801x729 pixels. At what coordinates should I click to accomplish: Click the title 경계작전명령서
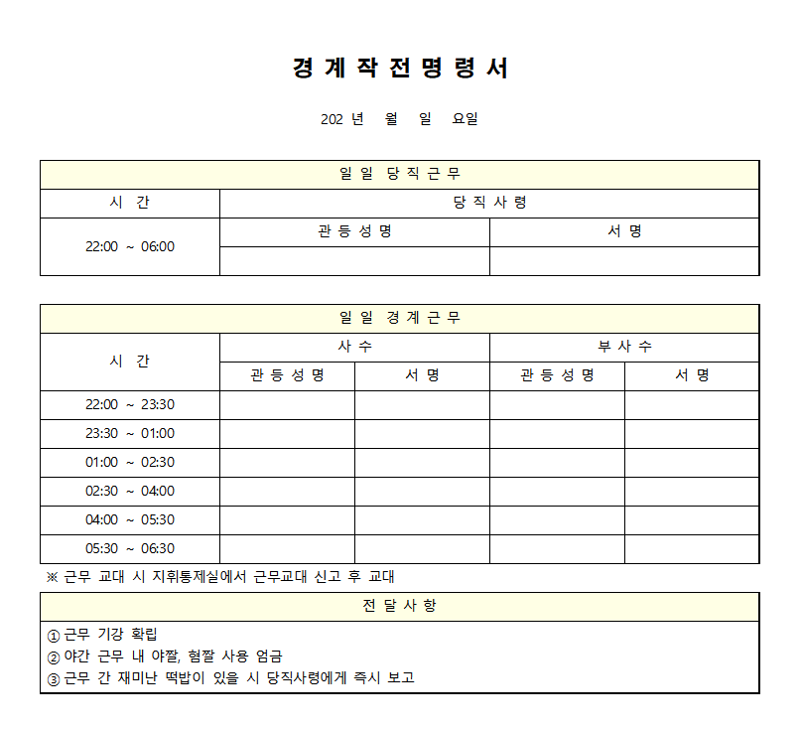[400, 68]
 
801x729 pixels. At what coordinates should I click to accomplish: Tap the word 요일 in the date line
[466, 119]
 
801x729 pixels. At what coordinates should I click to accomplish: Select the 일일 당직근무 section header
[399, 175]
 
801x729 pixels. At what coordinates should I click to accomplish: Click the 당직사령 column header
[489, 203]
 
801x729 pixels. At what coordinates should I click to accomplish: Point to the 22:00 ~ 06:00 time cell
[130, 246]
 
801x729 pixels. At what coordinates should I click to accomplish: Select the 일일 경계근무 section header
[399, 318]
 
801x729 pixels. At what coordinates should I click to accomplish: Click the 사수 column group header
[354, 347]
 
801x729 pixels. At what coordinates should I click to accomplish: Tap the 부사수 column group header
[624, 347]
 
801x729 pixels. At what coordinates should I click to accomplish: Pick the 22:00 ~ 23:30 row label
[130, 404]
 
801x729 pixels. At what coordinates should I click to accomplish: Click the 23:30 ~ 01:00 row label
[130, 433]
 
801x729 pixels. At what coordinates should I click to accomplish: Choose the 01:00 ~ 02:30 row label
[130, 462]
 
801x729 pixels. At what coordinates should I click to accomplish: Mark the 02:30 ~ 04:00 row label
[130, 491]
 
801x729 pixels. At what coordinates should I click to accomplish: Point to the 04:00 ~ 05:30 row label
[130, 519]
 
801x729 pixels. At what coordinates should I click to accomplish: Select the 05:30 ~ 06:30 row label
[130, 548]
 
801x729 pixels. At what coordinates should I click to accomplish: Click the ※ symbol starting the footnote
[53, 577]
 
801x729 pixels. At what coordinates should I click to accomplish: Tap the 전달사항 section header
[399, 606]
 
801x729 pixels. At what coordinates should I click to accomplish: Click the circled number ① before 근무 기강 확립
[54, 635]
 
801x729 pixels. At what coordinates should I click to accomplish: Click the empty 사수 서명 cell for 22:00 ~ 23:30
[422, 404]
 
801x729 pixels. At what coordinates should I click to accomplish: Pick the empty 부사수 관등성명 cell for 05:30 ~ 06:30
[557, 548]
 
